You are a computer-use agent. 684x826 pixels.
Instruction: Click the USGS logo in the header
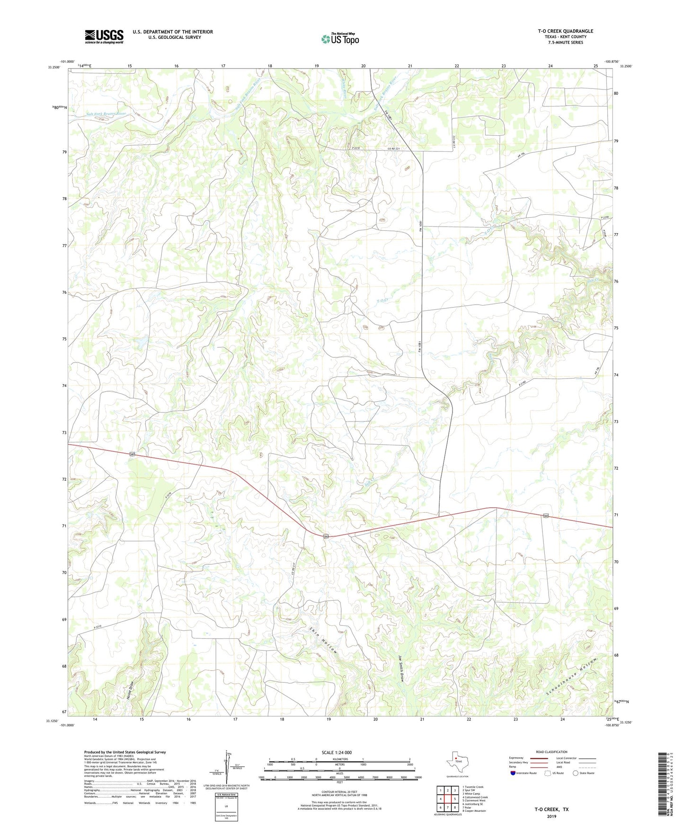[x=104, y=36]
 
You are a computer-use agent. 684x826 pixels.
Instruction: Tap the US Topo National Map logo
[x=340, y=39]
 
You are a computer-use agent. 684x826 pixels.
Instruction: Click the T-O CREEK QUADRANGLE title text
[x=565, y=31]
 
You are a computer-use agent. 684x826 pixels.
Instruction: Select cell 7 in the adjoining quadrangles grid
[x=447, y=808]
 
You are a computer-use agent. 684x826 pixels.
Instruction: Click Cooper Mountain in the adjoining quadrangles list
[x=474, y=811]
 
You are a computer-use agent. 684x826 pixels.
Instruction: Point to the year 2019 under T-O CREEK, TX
[x=551, y=816]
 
